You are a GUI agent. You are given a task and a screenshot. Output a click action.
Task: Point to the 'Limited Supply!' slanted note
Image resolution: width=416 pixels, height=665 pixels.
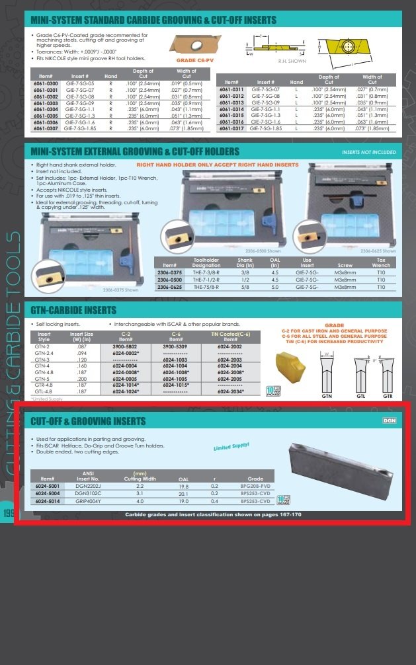click(x=231, y=448)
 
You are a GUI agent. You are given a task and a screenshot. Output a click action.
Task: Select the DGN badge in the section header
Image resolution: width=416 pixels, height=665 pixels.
click(x=390, y=420)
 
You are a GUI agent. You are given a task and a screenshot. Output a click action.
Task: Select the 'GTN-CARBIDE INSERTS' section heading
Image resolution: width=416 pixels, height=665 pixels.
click(x=73, y=309)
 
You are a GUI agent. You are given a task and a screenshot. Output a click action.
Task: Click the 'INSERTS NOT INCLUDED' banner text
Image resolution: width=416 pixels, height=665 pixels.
click(x=369, y=152)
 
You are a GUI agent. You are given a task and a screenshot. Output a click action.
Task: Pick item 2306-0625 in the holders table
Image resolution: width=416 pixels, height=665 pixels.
click(x=169, y=288)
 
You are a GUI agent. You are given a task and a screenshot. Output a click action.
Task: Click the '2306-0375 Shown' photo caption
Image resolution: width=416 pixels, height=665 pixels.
click(x=121, y=290)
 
